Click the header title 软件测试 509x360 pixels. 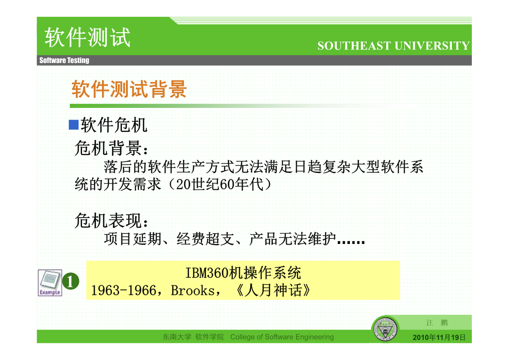[87, 37]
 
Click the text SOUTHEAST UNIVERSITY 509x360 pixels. [393, 46]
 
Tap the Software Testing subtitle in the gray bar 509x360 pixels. [64, 60]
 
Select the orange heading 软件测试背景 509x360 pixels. [129, 89]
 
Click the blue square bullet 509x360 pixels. [74, 125]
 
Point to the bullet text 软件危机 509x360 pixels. [114, 125]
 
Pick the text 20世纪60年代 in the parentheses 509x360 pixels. [219, 185]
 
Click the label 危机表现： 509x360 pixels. [111, 221]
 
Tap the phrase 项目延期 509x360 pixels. [133, 239]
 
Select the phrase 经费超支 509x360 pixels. [205, 239]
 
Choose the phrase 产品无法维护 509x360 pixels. [292, 239]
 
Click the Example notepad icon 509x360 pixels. [50, 282]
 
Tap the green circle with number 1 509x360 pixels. [71, 281]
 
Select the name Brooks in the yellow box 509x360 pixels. [193, 291]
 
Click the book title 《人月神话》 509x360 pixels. [273, 290]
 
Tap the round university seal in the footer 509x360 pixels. [385, 329]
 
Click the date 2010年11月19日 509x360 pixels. [439, 338]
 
